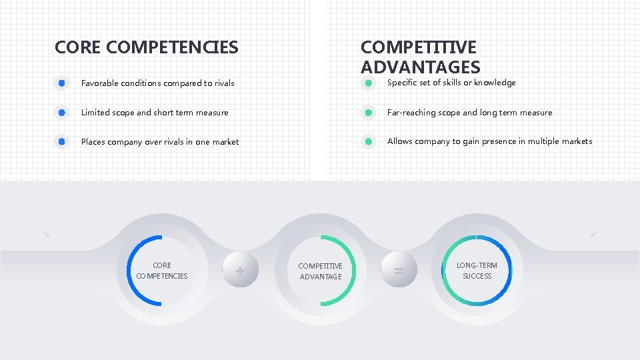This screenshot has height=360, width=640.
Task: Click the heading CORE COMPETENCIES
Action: coord(146,47)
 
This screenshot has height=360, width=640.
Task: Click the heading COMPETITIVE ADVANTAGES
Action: coord(419,57)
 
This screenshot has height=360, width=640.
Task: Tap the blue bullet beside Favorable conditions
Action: coord(61,83)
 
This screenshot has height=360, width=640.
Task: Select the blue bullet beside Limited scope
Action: coord(61,113)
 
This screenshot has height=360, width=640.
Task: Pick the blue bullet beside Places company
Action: coord(61,141)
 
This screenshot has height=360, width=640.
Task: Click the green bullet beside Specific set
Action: coord(368,83)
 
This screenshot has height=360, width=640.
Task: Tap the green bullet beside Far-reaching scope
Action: coord(368,113)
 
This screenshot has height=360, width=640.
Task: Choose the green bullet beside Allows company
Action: coord(368,141)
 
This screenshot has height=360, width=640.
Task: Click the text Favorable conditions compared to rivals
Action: coord(157,83)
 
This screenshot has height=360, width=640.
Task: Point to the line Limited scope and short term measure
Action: coord(155,113)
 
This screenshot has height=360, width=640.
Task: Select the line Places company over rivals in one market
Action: coord(159,141)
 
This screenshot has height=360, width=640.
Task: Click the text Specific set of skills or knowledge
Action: coord(451,83)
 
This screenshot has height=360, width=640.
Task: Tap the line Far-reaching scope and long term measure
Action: coord(469,113)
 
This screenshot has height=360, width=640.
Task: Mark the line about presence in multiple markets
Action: coord(489,141)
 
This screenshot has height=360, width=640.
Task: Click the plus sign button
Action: coord(239,270)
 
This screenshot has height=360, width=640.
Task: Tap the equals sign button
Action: coord(399,270)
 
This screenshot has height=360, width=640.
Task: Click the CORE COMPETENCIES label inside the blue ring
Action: coord(162,271)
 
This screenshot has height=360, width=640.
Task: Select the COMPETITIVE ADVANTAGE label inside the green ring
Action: coord(320,271)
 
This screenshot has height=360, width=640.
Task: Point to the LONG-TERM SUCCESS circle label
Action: coord(477,271)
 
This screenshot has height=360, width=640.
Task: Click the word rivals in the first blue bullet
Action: coord(224,83)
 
